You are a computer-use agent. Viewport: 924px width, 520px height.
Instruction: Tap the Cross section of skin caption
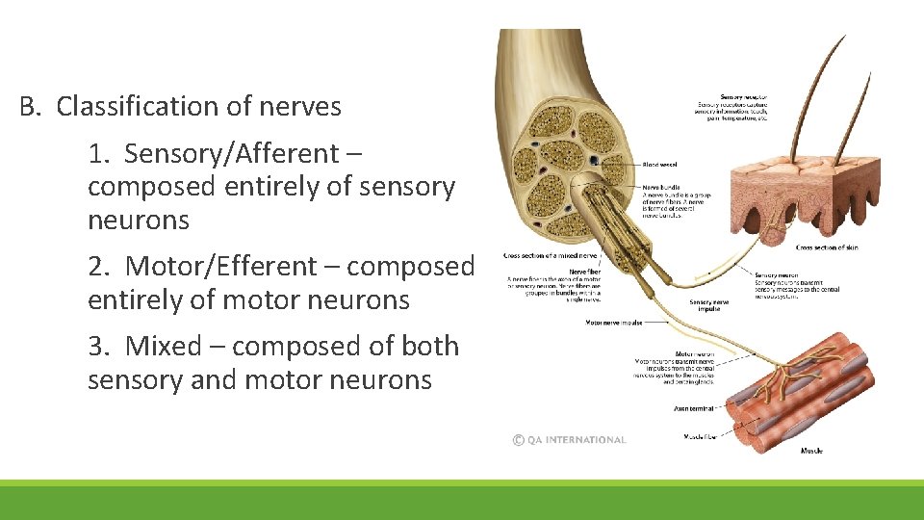click(x=829, y=247)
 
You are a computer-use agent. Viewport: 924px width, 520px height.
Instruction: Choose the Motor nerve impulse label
click(x=614, y=323)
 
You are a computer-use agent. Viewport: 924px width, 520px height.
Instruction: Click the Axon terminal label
click(x=695, y=408)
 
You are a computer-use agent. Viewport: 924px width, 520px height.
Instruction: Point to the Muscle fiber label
click(x=698, y=436)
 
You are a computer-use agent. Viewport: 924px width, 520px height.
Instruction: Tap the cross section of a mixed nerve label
click(x=551, y=256)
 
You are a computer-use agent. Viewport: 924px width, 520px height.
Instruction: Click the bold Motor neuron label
click(x=694, y=353)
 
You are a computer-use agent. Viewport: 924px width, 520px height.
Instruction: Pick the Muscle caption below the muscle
click(x=811, y=451)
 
